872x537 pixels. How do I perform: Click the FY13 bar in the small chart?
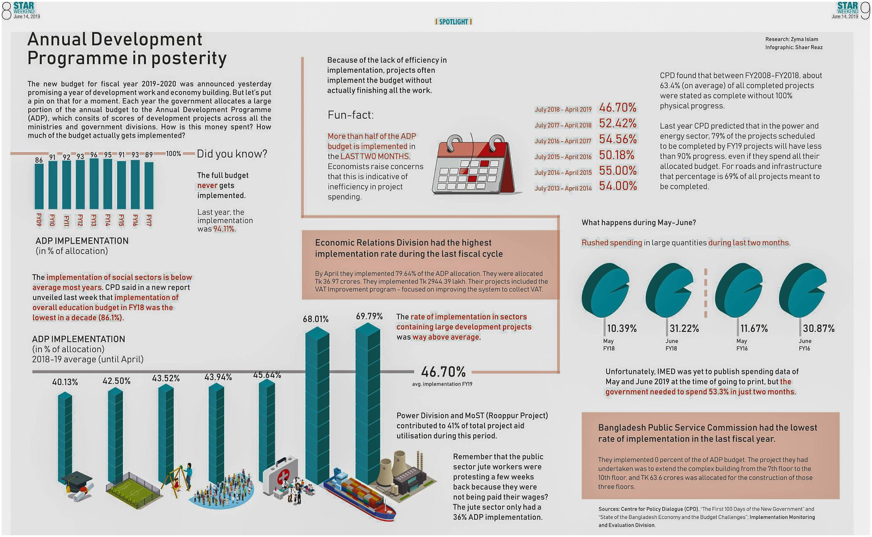pos(94,183)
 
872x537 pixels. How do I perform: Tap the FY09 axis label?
pos(39,220)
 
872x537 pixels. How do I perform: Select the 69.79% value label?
pos(369,316)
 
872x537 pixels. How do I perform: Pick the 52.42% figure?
pos(618,123)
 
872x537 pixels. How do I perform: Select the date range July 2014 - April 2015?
pos(563,173)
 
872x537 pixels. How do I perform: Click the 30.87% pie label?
pos(818,328)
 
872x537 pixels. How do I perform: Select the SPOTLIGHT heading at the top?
pos(453,22)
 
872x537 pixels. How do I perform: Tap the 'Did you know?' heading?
pos(232,154)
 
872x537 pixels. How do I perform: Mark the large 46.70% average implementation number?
pos(443,372)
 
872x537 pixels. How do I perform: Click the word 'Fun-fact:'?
pos(350,115)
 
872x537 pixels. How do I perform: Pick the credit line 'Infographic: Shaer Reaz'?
pos(794,47)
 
